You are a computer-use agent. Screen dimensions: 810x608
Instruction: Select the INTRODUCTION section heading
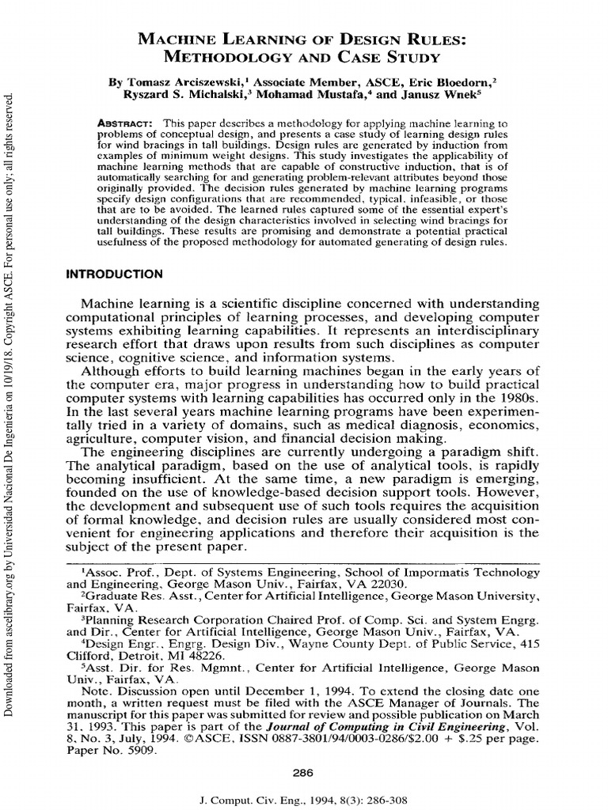pyautogui.click(x=114, y=274)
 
